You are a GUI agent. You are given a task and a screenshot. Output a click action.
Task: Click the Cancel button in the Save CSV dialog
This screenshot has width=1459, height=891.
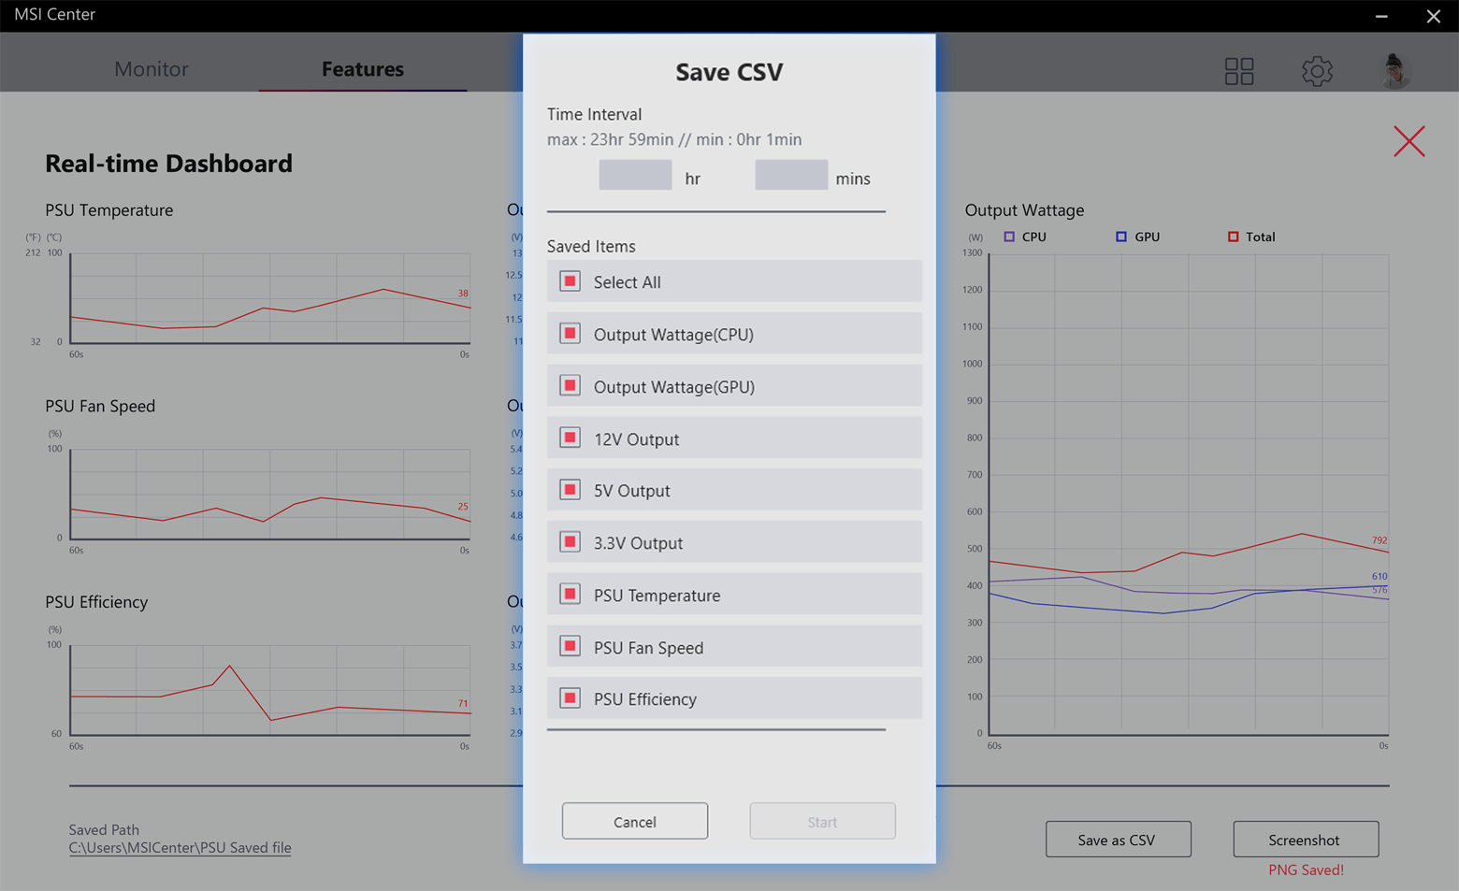[x=634, y=821]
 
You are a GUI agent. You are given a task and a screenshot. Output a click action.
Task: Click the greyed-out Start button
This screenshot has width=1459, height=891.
[x=822, y=821]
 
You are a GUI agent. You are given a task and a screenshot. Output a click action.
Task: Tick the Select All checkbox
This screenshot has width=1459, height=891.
[x=570, y=281]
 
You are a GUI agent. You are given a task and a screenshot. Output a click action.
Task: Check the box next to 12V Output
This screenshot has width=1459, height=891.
[x=570, y=438]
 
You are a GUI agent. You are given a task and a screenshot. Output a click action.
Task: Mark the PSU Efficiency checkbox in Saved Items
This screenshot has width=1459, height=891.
[x=570, y=698]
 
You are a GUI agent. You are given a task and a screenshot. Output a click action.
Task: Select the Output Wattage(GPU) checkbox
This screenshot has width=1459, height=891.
[x=570, y=386]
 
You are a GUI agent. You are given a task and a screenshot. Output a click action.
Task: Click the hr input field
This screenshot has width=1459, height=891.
[x=635, y=176]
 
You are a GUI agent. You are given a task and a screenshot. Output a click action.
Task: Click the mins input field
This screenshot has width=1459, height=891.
[x=791, y=176]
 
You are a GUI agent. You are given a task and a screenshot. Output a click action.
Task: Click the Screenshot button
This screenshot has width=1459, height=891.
[x=1305, y=840]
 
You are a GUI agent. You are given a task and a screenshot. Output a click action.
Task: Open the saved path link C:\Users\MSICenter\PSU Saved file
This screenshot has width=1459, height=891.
[x=180, y=848]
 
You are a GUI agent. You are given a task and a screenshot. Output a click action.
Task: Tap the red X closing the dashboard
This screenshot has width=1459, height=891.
[x=1408, y=141]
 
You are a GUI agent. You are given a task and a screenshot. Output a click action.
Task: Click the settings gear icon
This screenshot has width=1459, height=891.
[x=1317, y=71]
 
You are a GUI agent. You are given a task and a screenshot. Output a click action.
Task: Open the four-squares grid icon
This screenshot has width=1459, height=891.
[x=1239, y=71]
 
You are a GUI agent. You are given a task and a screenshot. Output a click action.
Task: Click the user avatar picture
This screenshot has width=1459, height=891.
[x=1395, y=71]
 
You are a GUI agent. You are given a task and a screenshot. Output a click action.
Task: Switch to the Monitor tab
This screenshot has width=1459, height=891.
[x=151, y=69]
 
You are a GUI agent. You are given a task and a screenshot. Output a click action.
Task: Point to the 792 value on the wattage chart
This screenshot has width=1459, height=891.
[x=1380, y=540]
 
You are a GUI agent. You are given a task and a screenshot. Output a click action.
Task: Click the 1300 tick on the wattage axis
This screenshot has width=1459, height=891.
[x=973, y=253]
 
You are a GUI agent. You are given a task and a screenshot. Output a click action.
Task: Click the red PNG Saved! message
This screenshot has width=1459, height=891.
[x=1306, y=869]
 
